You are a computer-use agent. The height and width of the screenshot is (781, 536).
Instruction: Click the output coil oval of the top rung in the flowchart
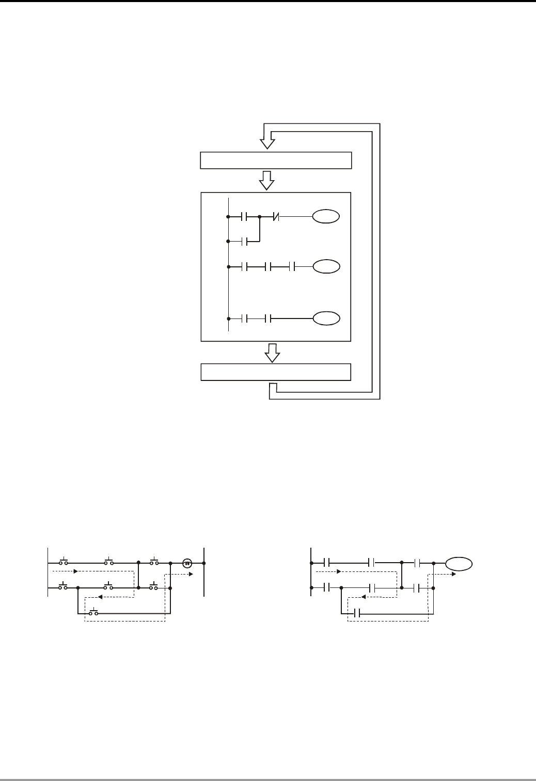[x=326, y=217]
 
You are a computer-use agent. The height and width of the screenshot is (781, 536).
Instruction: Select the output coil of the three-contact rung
[x=326, y=267]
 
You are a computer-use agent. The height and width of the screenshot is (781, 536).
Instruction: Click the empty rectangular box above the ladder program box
[x=276, y=161]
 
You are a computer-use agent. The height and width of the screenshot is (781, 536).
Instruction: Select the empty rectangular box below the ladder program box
[x=276, y=372]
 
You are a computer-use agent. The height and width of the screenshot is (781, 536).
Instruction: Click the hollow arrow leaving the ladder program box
[x=272, y=353]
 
